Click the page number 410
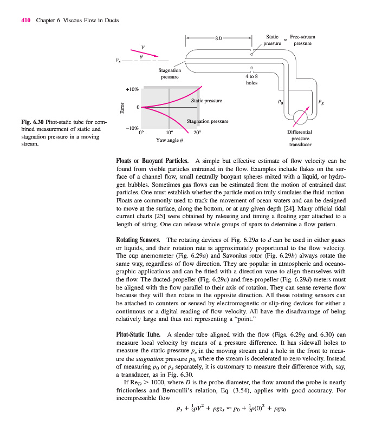click(25, 21)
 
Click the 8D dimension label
click(218, 38)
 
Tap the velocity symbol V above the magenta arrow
click(143, 47)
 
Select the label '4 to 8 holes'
click(251, 80)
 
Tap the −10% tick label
click(132, 128)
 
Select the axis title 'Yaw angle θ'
click(171, 140)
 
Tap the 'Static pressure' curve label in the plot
click(206, 101)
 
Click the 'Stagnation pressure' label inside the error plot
click(208, 121)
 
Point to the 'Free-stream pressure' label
click(302, 40)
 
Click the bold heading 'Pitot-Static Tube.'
click(138, 334)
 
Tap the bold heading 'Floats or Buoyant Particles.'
click(153, 161)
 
